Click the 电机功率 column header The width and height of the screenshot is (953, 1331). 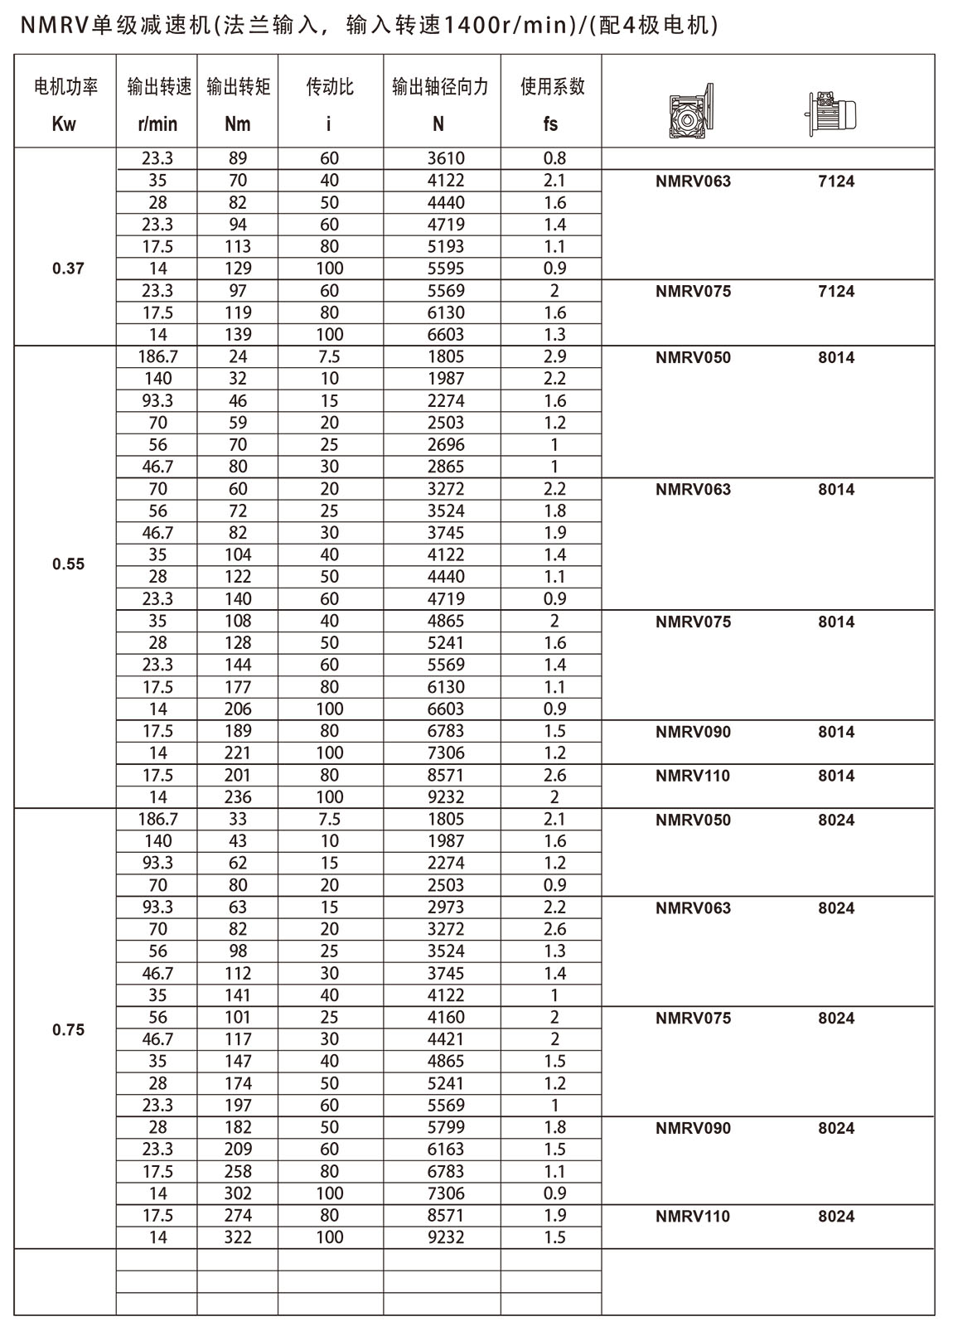[x=65, y=86]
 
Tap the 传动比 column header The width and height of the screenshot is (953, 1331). [x=330, y=86]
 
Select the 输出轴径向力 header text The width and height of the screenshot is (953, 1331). [x=440, y=86]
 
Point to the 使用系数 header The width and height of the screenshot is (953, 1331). [x=552, y=86]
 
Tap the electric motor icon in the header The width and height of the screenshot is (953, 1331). [x=831, y=113]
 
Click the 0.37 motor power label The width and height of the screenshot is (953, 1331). [x=68, y=269]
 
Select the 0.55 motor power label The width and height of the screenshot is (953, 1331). [x=68, y=564]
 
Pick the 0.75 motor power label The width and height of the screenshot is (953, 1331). [x=68, y=1030]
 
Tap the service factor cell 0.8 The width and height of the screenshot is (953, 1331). [x=554, y=158]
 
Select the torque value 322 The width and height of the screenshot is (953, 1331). [x=238, y=1237]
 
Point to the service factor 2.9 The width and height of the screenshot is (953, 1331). [x=554, y=356]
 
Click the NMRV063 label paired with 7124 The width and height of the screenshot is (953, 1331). [x=693, y=181]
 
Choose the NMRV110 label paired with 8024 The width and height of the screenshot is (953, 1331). [x=693, y=1217]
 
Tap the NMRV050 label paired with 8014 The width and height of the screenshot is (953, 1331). [x=693, y=358]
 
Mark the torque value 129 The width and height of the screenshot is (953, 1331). [x=238, y=269]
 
